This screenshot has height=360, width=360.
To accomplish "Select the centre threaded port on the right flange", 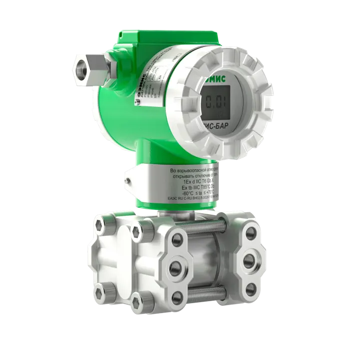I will coord(248,259).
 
